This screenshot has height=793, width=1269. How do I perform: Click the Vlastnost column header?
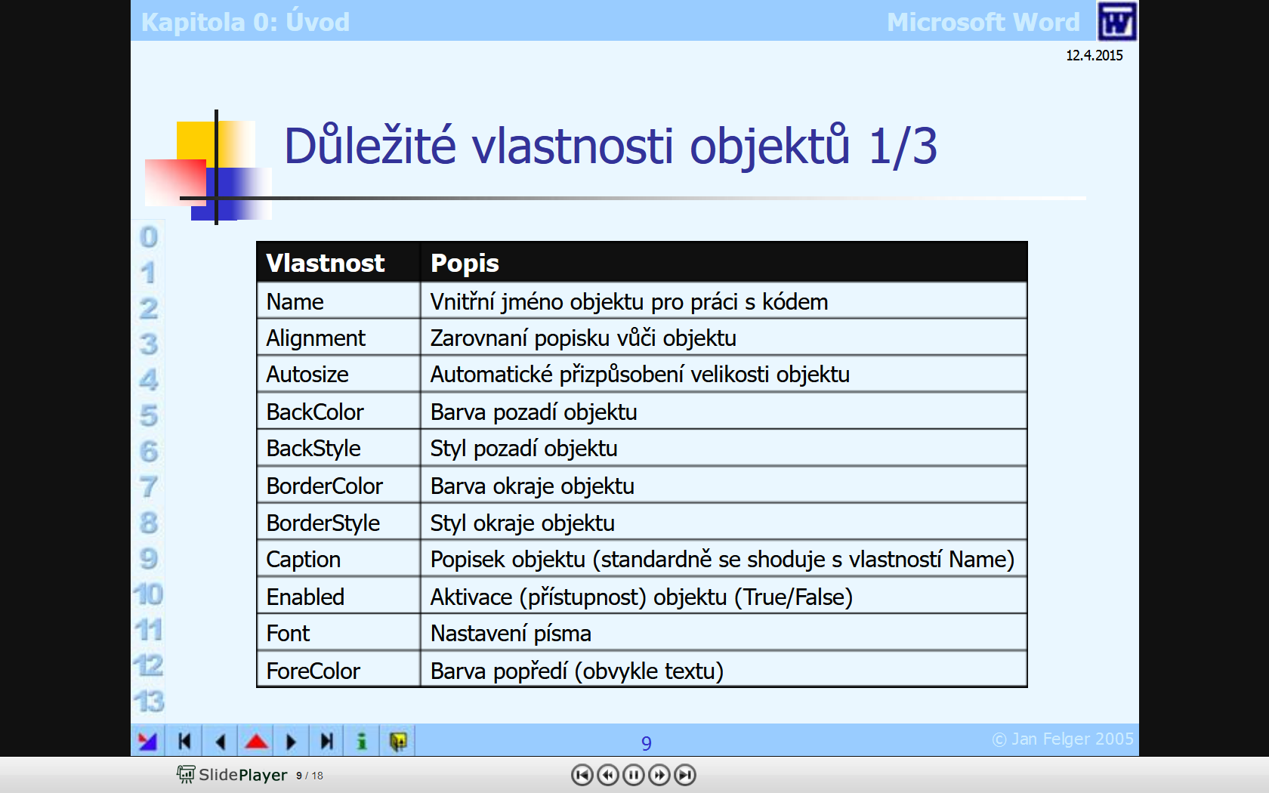point(325,264)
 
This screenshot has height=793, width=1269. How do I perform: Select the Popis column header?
point(465,264)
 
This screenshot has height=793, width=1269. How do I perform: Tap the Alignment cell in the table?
point(316,338)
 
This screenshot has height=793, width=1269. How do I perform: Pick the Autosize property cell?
point(307,375)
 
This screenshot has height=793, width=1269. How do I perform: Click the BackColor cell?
point(315,412)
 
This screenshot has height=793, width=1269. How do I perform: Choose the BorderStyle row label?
point(323,523)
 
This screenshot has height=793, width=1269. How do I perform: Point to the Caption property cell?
point(303,560)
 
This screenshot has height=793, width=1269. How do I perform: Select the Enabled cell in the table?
point(305,597)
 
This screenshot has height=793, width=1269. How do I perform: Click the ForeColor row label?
point(313,671)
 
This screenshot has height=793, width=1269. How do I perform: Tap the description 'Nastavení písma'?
point(511,634)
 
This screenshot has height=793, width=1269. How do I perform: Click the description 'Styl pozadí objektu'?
point(523,449)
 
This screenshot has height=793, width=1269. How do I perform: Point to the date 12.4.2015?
point(1094,56)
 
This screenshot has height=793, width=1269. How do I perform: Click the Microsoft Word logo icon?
point(1116,21)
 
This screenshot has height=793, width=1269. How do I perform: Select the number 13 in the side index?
point(149,701)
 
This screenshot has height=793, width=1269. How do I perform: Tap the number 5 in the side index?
point(148,415)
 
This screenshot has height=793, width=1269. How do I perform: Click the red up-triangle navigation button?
point(256,742)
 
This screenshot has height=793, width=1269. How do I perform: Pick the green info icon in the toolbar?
point(362,742)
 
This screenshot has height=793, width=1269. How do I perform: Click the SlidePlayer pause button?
point(633,775)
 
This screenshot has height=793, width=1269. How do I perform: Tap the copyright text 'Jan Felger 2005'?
point(1073,739)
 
